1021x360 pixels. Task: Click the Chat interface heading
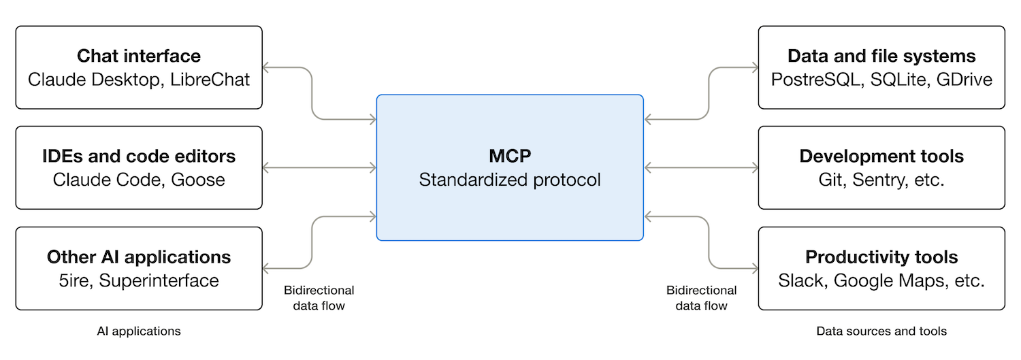(x=139, y=56)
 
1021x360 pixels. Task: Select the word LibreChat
(x=210, y=80)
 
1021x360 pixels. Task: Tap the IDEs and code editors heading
(x=139, y=157)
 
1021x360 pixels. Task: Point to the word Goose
(x=198, y=180)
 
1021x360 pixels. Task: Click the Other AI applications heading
(x=139, y=257)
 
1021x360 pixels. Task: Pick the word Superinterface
(x=159, y=280)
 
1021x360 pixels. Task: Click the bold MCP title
(x=510, y=157)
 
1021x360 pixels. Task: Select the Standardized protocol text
(x=510, y=180)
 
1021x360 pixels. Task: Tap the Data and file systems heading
(x=881, y=56)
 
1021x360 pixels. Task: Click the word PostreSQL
(x=816, y=80)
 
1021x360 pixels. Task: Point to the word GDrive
(x=964, y=80)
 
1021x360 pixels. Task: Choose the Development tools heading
(x=881, y=157)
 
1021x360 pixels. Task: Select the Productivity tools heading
(x=881, y=257)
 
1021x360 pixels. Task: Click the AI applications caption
(x=139, y=331)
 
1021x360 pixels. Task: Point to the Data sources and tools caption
(x=881, y=331)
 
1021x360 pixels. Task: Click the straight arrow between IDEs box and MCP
(x=319, y=168)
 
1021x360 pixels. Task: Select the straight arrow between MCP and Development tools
(x=702, y=168)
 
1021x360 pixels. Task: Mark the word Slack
(x=803, y=280)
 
